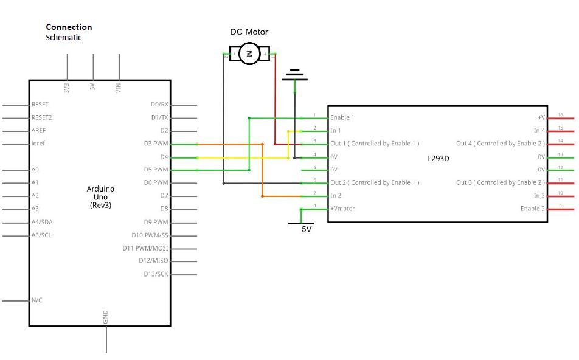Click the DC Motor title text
click(249, 32)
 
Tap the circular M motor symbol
click(249, 54)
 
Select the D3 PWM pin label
click(156, 144)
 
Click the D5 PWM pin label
click(156, 170)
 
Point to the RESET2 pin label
click(42, 117)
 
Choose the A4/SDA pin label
click(42, 222)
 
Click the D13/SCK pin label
click(156, 274)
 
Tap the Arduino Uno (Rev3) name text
click(100, 197)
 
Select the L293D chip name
click(439, 159)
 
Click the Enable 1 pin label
click(342, 117)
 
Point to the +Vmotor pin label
click(342, 209)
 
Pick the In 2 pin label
click(336, 195)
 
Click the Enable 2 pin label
click(533, 209)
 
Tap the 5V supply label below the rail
click(307, 229)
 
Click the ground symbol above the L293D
click(294, 75)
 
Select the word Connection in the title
click(69, 27)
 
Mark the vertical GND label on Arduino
click(105, 317)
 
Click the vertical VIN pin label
click(118, 88)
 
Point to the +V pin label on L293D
click(541, 117)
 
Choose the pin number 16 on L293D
click(560, 115)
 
